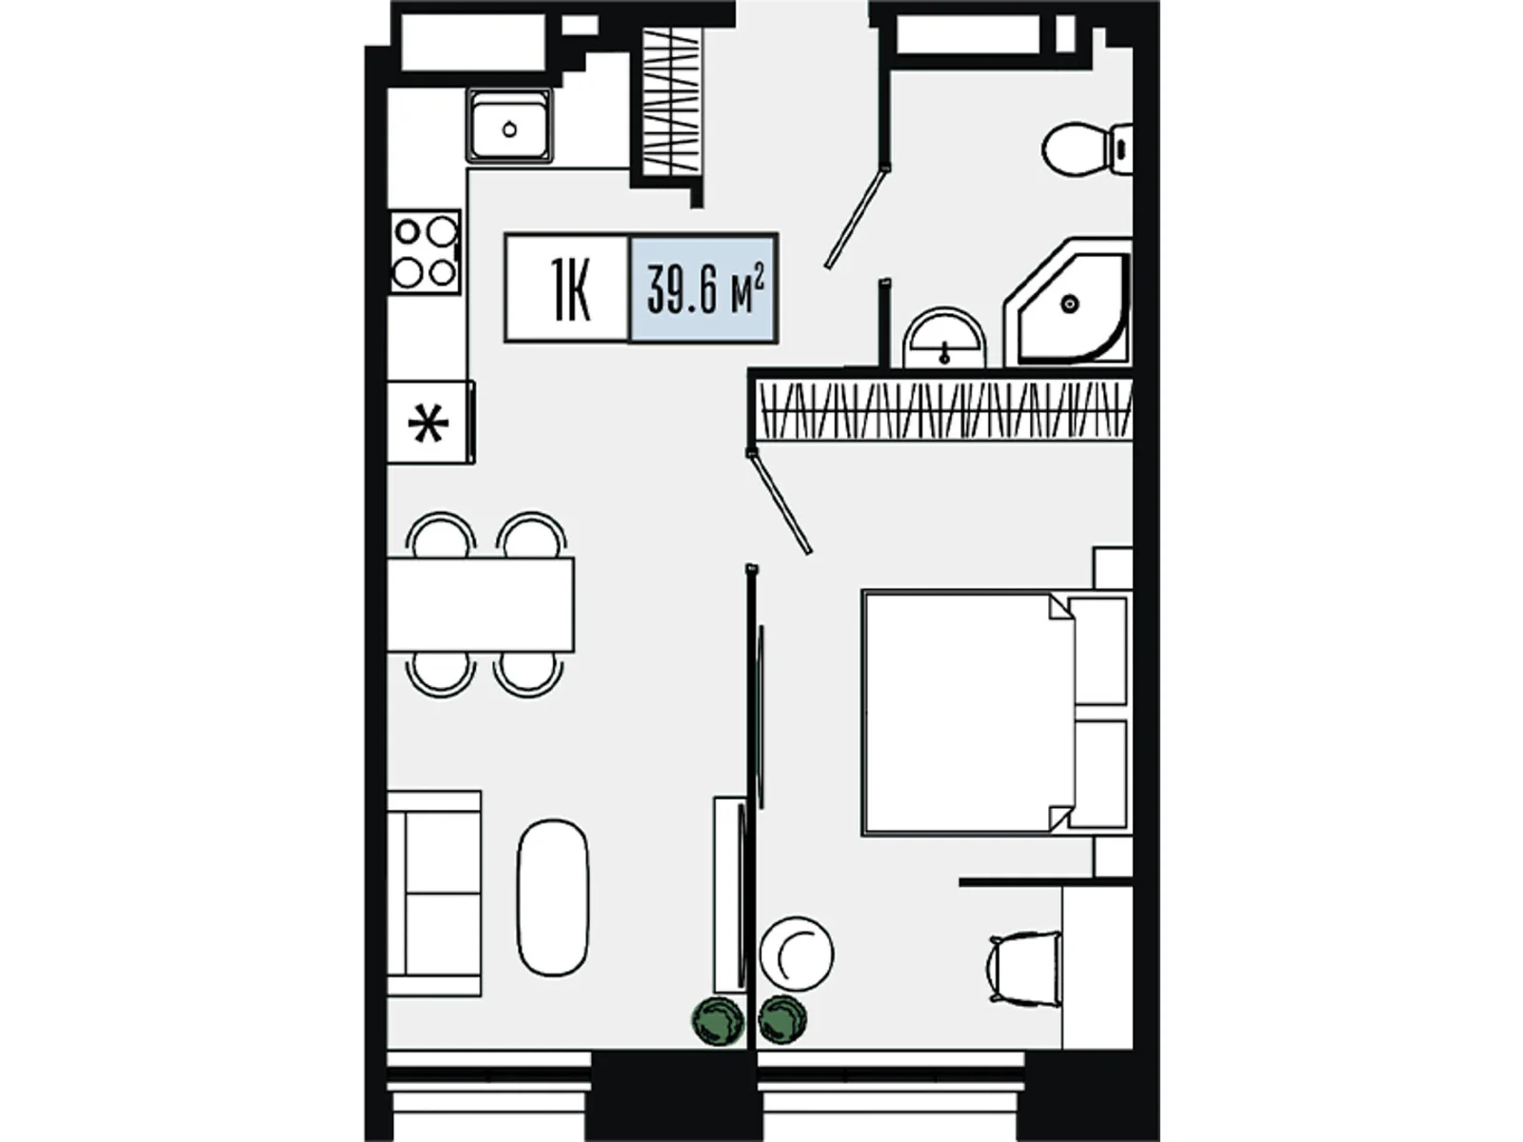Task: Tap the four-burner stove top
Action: [x=425, y=251]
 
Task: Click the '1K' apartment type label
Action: [x=571, y=288]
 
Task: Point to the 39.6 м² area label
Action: [x=705, y=289]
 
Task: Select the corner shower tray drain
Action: [x=1070, y=303]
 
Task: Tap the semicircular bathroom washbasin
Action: [x=943, y=339]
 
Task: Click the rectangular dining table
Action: [x=480, y=604]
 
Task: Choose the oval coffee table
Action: [x=553, y=898]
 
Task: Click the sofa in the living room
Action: [x=434, y=893]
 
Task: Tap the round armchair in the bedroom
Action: [x=797, y=954]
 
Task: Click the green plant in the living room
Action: [x=718, y=1020]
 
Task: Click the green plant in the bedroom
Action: [x=782, y=1018]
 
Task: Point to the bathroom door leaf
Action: [x=856, y=217]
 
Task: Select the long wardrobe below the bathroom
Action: [x=943, y=409]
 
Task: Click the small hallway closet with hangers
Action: [x=672, y=103]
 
